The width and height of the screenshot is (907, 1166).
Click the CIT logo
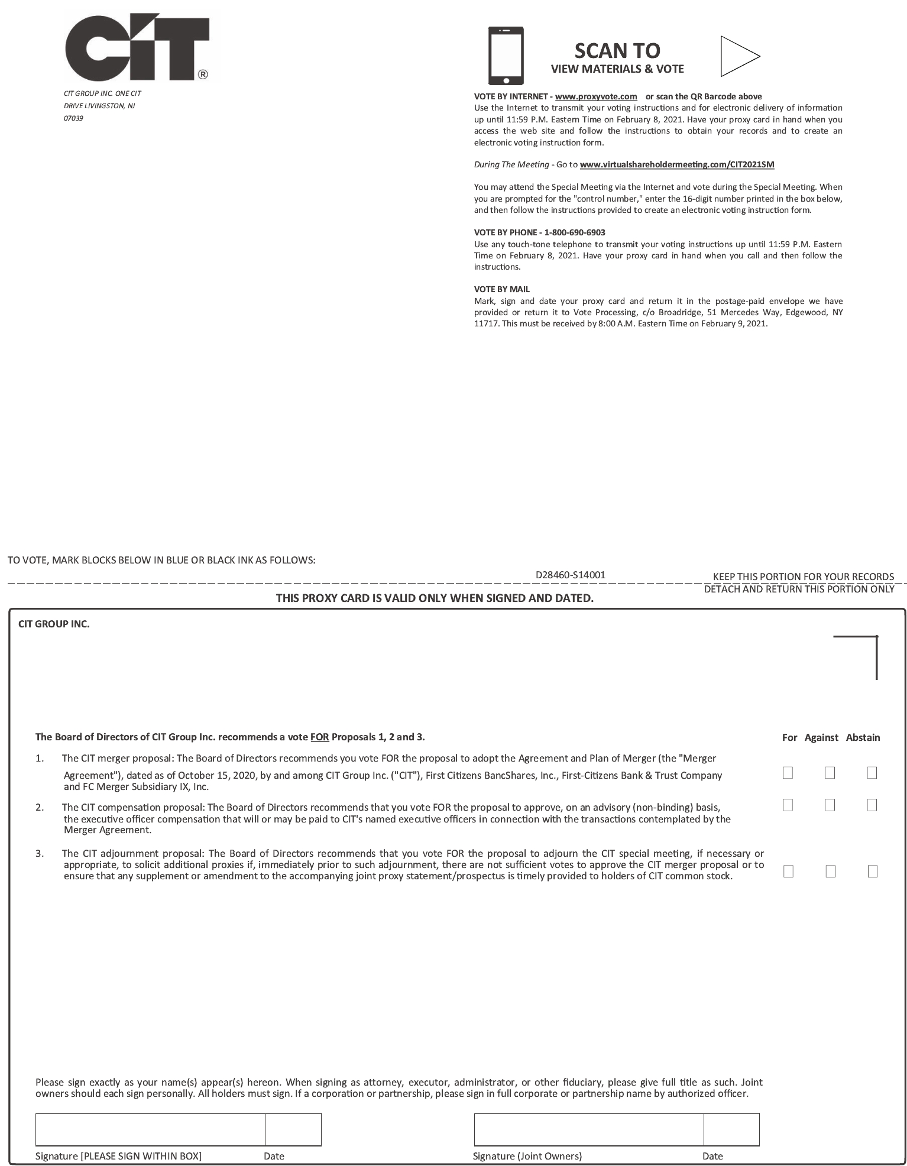point(137,48)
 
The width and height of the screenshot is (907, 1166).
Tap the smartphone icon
point(506,56)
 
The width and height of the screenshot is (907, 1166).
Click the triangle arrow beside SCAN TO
point(738,56)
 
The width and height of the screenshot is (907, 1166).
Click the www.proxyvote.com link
point(596,96)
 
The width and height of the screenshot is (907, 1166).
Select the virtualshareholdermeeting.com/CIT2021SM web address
point(677,164)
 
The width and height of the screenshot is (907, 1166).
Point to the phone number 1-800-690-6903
point(575,232)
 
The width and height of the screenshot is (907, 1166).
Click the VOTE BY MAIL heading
point(502,289)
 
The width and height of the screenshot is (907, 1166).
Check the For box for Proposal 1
point(788,773)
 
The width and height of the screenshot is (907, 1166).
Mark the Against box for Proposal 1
point(830,773)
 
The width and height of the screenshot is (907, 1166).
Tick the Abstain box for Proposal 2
point(872,805)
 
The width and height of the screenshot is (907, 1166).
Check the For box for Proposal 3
point(788,871)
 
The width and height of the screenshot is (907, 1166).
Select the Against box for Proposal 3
point(830,871)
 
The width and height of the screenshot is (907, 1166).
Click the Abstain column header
point(863,737)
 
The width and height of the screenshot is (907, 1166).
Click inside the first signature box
point(150,1129)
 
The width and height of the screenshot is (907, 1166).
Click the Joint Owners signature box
point(589,1129)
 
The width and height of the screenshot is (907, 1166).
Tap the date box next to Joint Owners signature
point(731,1129)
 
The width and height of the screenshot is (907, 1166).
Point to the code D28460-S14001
point(570,575)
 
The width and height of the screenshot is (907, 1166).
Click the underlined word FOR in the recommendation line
point(319,737)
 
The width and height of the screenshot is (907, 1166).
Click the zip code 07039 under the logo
point(73,118)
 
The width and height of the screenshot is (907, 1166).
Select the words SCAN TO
point(617,51)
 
